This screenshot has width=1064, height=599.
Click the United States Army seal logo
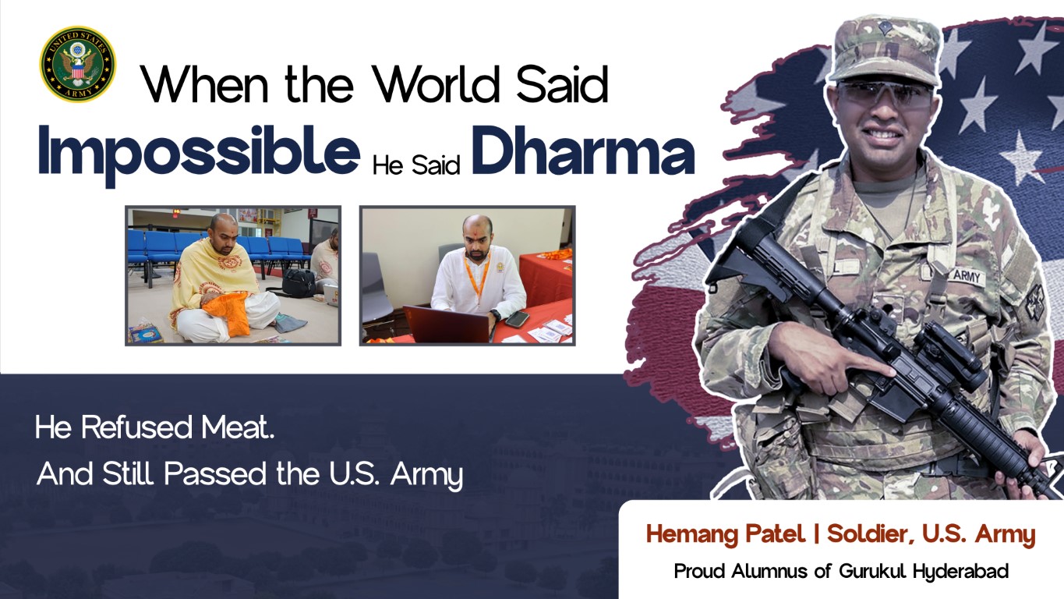click(x=78, y=64)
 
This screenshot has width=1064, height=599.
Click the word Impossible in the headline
click(x=198, y=152)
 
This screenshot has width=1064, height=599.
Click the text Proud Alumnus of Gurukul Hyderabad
click(x=840, y=571)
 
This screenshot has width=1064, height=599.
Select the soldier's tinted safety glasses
click(x=887, y=95)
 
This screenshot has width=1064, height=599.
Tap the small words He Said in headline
click(x=415, y=166)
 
